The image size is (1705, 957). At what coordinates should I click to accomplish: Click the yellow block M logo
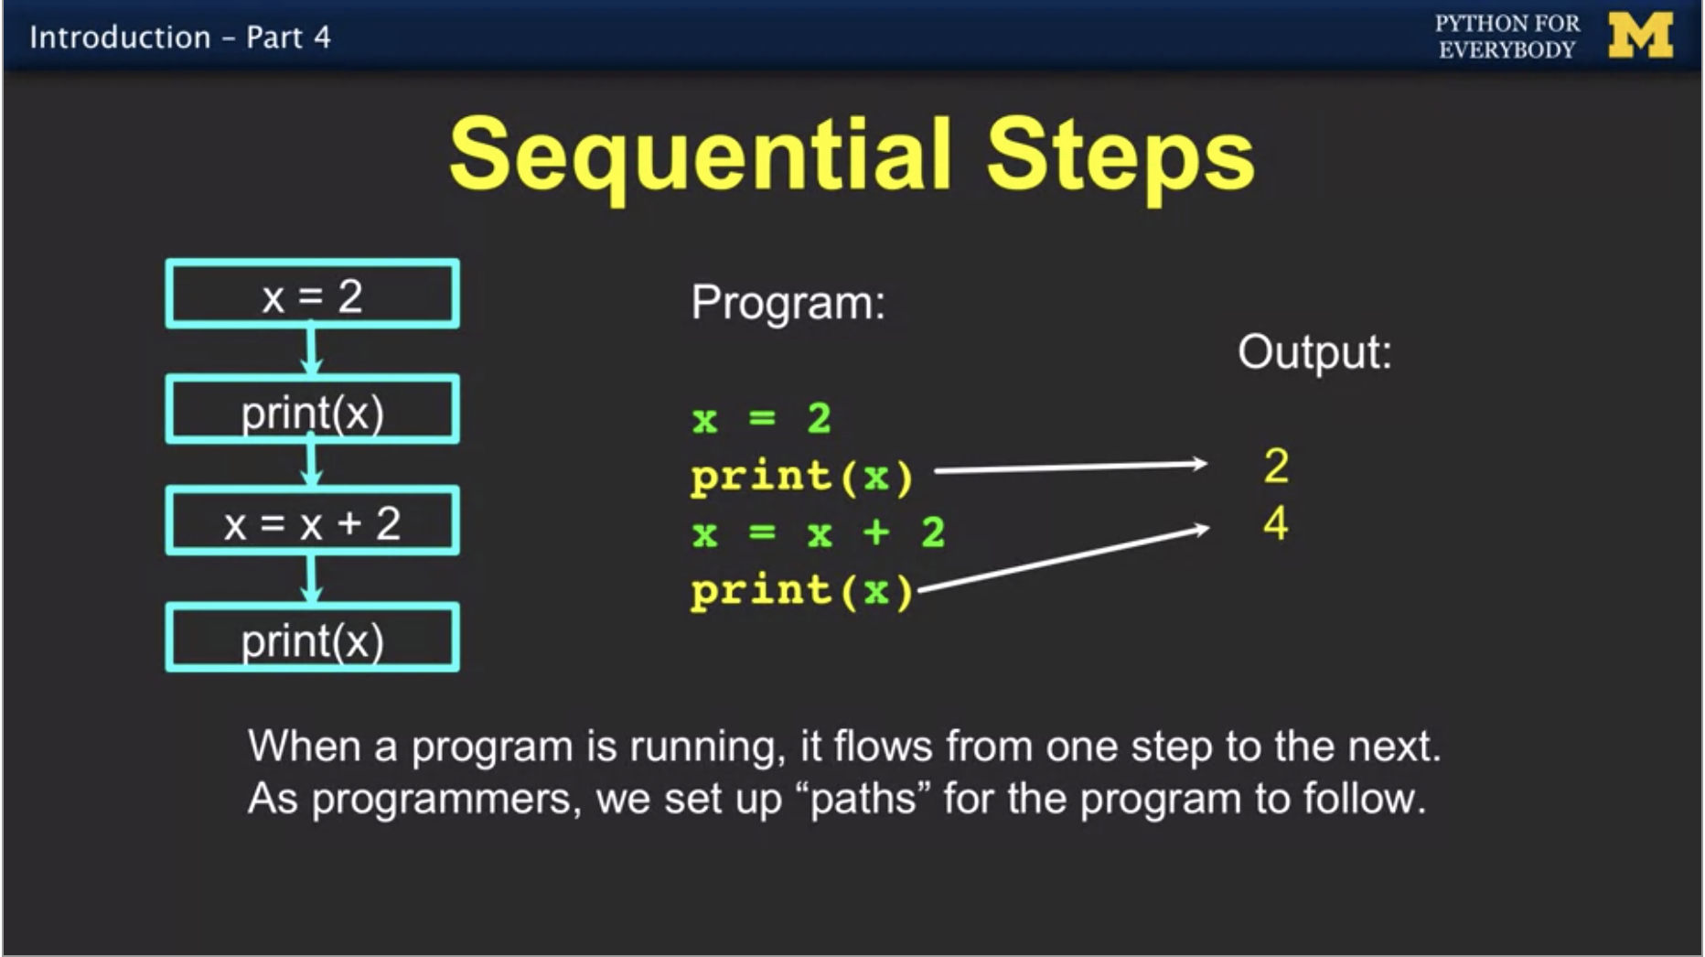tap(1640, 37)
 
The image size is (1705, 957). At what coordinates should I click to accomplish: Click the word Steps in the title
tap(1120, 155)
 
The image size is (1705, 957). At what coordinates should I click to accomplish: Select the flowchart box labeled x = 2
tap(312, 295)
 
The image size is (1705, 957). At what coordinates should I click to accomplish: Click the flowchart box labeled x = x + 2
tap(312, 522)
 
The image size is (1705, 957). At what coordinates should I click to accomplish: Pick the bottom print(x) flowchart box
tap(312, 638)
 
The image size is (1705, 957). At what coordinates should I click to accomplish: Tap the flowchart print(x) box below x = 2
tap(312, 410)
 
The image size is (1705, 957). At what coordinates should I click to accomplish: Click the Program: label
tap(788, 303)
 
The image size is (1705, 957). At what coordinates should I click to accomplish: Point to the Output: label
tap(1314, 352)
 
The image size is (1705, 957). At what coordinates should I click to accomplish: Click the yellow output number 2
tap(1276, 467)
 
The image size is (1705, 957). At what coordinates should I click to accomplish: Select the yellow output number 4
tap(1276, 524)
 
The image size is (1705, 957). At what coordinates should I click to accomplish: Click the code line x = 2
tap(761, 419)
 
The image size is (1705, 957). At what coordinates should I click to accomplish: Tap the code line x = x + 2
tap(818, 532)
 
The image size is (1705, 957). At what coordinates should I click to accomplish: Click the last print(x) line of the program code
tap(801, 591)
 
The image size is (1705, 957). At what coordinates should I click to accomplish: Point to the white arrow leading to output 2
tap(1070, 468)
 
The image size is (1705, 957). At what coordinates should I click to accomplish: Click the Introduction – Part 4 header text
tap(180, 38)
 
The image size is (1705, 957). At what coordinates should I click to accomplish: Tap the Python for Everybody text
tap(1507, 37)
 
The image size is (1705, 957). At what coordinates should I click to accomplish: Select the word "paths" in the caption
tap(863, 799)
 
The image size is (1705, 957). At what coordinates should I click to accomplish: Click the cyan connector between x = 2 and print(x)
tap(312, 350)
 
